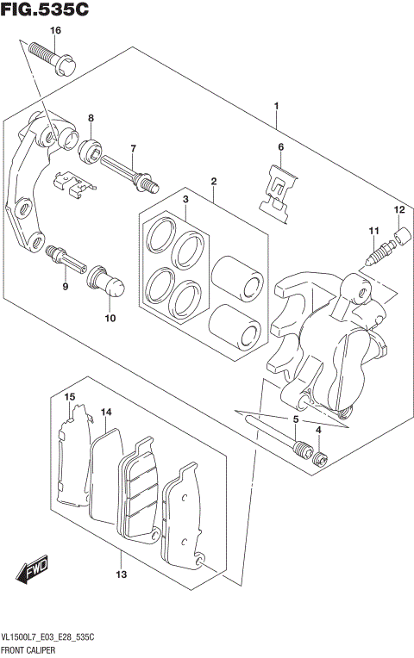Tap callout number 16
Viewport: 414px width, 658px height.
point(55,31)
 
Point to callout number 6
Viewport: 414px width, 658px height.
point(280,147)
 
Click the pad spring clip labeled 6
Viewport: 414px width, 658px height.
point(278,196)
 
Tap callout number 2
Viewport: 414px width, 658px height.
point(212,181)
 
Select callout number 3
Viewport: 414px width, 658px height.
point(185,200)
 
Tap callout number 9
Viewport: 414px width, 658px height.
point(64,286)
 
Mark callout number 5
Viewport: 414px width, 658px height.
point(295,419)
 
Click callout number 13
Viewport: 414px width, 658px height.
point(121,574)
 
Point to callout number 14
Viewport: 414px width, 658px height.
point(106,413)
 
